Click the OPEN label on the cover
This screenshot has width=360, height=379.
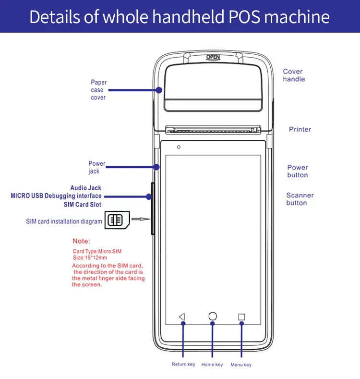(x=213, y=57)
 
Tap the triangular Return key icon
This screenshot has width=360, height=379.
(x=181, y=317)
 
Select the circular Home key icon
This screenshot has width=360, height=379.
(x=212, y=316)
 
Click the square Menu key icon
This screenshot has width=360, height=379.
(x=242, y=317)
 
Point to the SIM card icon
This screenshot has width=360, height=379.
(x=115, y=220)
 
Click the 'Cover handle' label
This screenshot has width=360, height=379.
(x=294, y=75)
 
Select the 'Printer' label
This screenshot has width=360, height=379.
(x=300, y=129)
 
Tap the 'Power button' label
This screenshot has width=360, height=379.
(x=298, y=171)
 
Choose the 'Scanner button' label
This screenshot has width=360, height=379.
(x=300, y=199)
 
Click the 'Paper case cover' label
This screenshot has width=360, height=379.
(x=98, y=90)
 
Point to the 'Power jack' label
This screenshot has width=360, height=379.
(x=96, y=168)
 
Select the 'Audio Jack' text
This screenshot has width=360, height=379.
(x=86, y=188)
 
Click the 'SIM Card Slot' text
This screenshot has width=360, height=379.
(x=83, y=205)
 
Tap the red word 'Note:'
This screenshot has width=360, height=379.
(x=81, y=241)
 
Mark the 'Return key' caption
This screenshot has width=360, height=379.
(x=183, y=365)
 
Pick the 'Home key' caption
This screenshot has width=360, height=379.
(x=212, y=365)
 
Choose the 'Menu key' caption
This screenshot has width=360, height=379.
(x=241, y=365)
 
